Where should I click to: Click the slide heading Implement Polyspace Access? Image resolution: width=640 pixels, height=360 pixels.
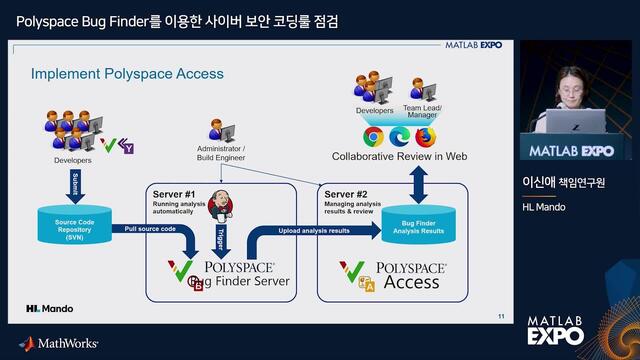[x=127, y=74]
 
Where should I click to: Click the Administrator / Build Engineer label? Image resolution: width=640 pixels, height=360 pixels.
[x=221, y=153]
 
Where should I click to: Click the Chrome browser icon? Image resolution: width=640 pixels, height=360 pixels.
[x=374, y=136]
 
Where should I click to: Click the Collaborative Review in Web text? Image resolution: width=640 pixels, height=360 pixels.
[x=399, y=157]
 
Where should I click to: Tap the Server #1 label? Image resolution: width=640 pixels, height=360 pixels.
[x=173, y=193]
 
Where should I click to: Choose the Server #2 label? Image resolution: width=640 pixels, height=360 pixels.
[x=347, y=193]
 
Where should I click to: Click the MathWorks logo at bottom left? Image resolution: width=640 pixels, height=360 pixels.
[x=59, y=343]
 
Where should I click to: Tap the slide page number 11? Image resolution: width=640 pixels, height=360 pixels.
[x=501, y=317]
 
